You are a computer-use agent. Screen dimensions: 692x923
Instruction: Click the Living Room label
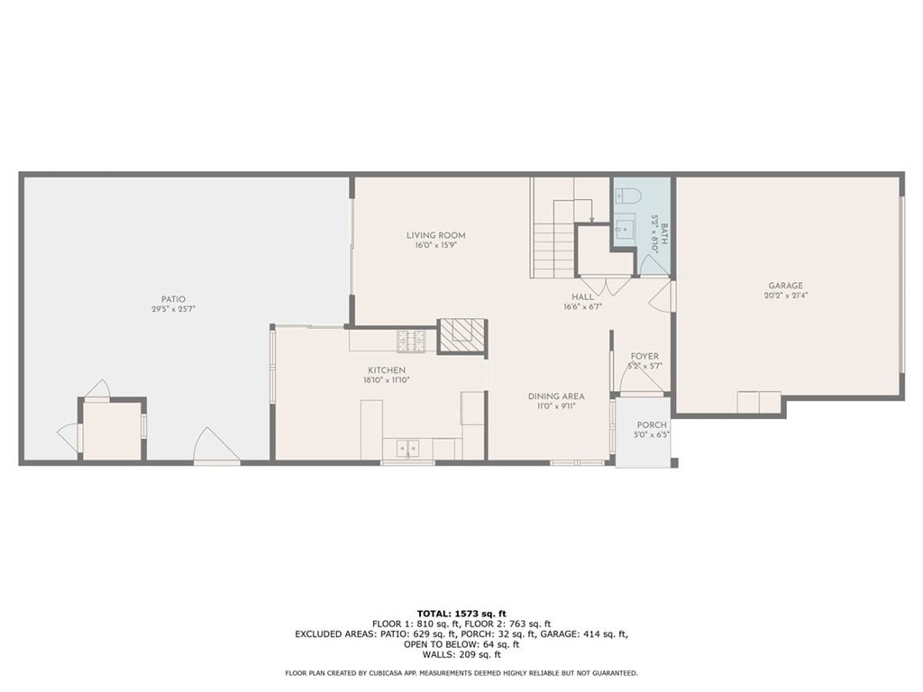pyautogui.click(x=435, y=235)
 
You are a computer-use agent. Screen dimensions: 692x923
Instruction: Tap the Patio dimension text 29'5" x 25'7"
pyautogui.click(x=174, y=309)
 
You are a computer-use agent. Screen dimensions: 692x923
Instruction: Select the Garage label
pyautogui.click(x=785, y=286)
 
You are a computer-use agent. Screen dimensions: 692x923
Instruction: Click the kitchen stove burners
pyautogui.click(x=412, y=340)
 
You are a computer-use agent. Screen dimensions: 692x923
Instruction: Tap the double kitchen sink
pyautogui.click(x=407, y=447)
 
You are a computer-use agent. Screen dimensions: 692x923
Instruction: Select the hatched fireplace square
pyautogui.click(x=461, y=335)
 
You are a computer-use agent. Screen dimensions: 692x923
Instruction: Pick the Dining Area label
pyautogui.click(x=556, y=396)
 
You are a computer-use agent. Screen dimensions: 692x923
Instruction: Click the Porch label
pyautogui.click(x=651, y=425)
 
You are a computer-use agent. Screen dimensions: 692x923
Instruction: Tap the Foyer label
pyautogui.click(x=644, y=357)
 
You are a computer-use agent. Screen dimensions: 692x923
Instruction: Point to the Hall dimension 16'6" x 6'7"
pyautogui.click(x=582, y=306)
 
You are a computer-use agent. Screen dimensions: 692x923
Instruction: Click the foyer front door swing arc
pyautogui.click(x=641, y=378)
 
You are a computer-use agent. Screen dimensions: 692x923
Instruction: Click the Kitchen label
pyautogui.click(x=386, y=370)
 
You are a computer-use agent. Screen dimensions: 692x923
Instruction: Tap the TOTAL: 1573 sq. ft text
pyautogui.click(x=461, y=613)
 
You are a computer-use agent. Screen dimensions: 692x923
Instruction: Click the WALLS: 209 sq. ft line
pyautogui.click(x=461, y=654)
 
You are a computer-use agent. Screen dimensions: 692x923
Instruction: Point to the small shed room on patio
pyautogui.click(x=113, y=431)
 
